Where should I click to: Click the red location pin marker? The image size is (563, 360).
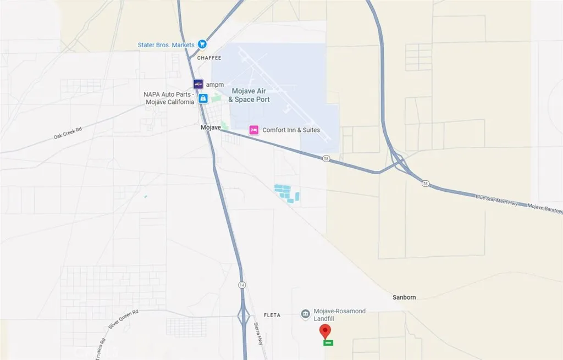coord(325,331)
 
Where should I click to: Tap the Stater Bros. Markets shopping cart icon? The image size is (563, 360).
coord(202,44)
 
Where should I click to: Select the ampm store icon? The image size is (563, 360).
coord(198,84)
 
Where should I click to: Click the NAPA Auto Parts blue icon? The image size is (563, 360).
coord(203,98)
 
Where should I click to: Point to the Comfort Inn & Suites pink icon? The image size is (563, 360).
coord(254,130)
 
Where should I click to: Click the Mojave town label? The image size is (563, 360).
coord(210,128)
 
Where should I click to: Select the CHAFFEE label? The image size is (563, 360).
coord(209,58)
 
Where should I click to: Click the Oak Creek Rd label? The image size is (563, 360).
coord(68,134)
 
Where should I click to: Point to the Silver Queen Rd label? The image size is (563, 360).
coord(123,319)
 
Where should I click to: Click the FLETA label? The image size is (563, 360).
coord(272,315)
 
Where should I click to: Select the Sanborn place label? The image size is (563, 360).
coord(404,297)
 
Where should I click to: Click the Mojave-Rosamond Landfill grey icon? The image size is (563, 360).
coord(305,314)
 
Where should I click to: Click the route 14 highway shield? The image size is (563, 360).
coord(242,285)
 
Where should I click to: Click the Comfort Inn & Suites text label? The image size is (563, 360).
coord(291,130)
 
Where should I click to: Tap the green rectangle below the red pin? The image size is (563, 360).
coord(328,342)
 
